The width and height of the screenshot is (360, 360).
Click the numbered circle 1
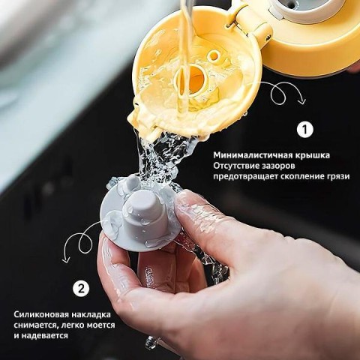[x=304, y=130]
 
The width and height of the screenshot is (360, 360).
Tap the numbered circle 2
[x=81, y=289]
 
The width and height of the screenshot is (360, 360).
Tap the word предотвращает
[x=244, y=177]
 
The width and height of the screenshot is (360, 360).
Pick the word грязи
[x=337, y=176]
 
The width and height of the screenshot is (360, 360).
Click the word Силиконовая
[x=41, y=314]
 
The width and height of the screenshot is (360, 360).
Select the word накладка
[x=91, y=314]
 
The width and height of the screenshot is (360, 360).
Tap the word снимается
[x=36, y=325]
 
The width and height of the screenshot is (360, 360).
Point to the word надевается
[x=44, y=336]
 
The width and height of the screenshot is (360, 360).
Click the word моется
[x=100, y=325]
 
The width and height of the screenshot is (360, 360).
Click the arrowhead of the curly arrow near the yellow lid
[x=302, y=101]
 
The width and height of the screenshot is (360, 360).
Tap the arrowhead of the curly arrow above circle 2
[x=66, y=260]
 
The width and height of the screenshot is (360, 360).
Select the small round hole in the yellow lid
[x=214, y=56]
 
